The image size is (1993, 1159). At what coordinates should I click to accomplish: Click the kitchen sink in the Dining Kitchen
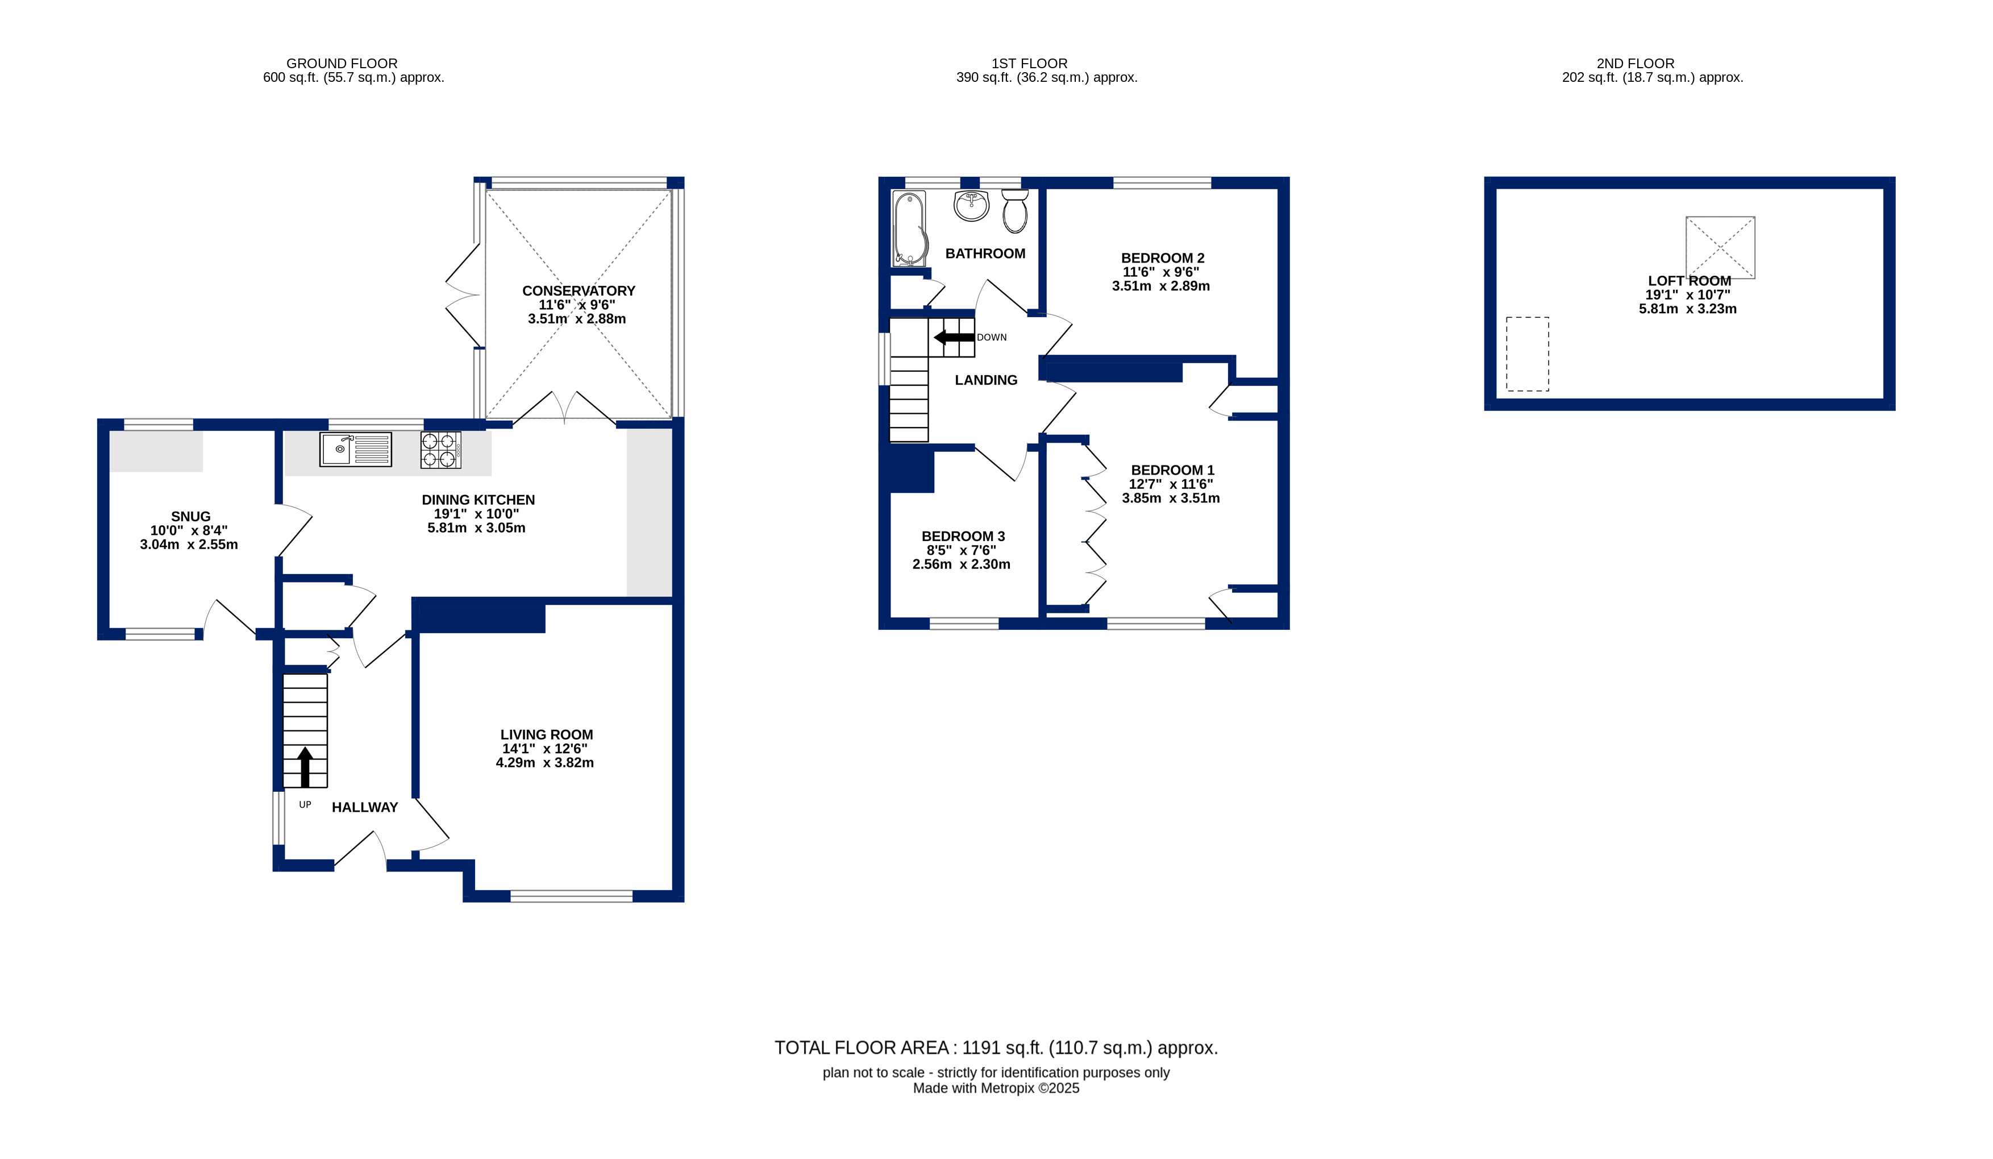pyautogui.click(x=355, y=450)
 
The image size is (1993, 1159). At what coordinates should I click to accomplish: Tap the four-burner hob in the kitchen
pyautogui.click(x=440, y=450)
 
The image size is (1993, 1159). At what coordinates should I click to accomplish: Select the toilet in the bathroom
pyautogui.click(x=1015, y=210)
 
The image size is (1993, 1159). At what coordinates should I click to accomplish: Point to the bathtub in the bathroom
pyautogui.click(x=909, y=229)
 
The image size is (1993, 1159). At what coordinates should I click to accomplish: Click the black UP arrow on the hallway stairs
pyautogui.click(x=305, y=767)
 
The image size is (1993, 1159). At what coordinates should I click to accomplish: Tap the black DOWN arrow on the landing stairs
pyautogui.click(x=954, y=338)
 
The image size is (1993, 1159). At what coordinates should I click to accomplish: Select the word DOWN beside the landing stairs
pyautogui.click(x=992, y=338)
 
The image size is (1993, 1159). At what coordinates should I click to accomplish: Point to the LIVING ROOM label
pyautogui.click(x=547, y=735)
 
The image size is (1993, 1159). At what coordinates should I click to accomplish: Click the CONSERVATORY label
pyautogui.click(x=579, y=291)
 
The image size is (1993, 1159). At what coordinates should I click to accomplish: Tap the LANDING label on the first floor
pyautogui.click(x=986, y=380)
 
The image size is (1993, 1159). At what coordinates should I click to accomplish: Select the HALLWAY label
pyautogui.click(x=365, y=808)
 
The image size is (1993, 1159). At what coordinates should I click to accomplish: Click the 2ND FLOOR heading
pyautogui.click(x=1636, y=63)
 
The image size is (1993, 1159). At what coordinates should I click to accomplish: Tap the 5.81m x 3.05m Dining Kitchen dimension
pyautogui.click(x=477, y=527)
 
